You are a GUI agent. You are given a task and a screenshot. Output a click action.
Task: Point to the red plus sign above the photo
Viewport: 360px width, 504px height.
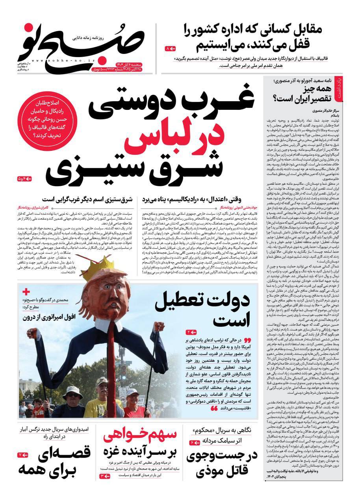(x=26, y=292)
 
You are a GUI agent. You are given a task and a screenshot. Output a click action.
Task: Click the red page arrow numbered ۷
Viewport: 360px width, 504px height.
(x=22, y=455)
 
